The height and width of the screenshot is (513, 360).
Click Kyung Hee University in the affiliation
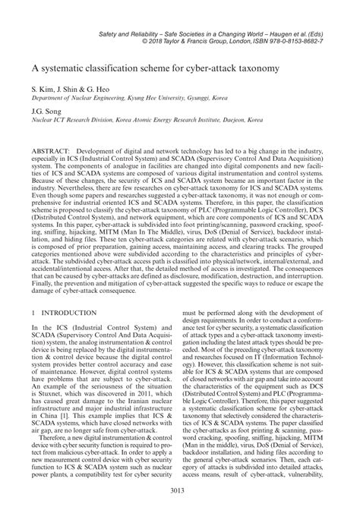(141, 98)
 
